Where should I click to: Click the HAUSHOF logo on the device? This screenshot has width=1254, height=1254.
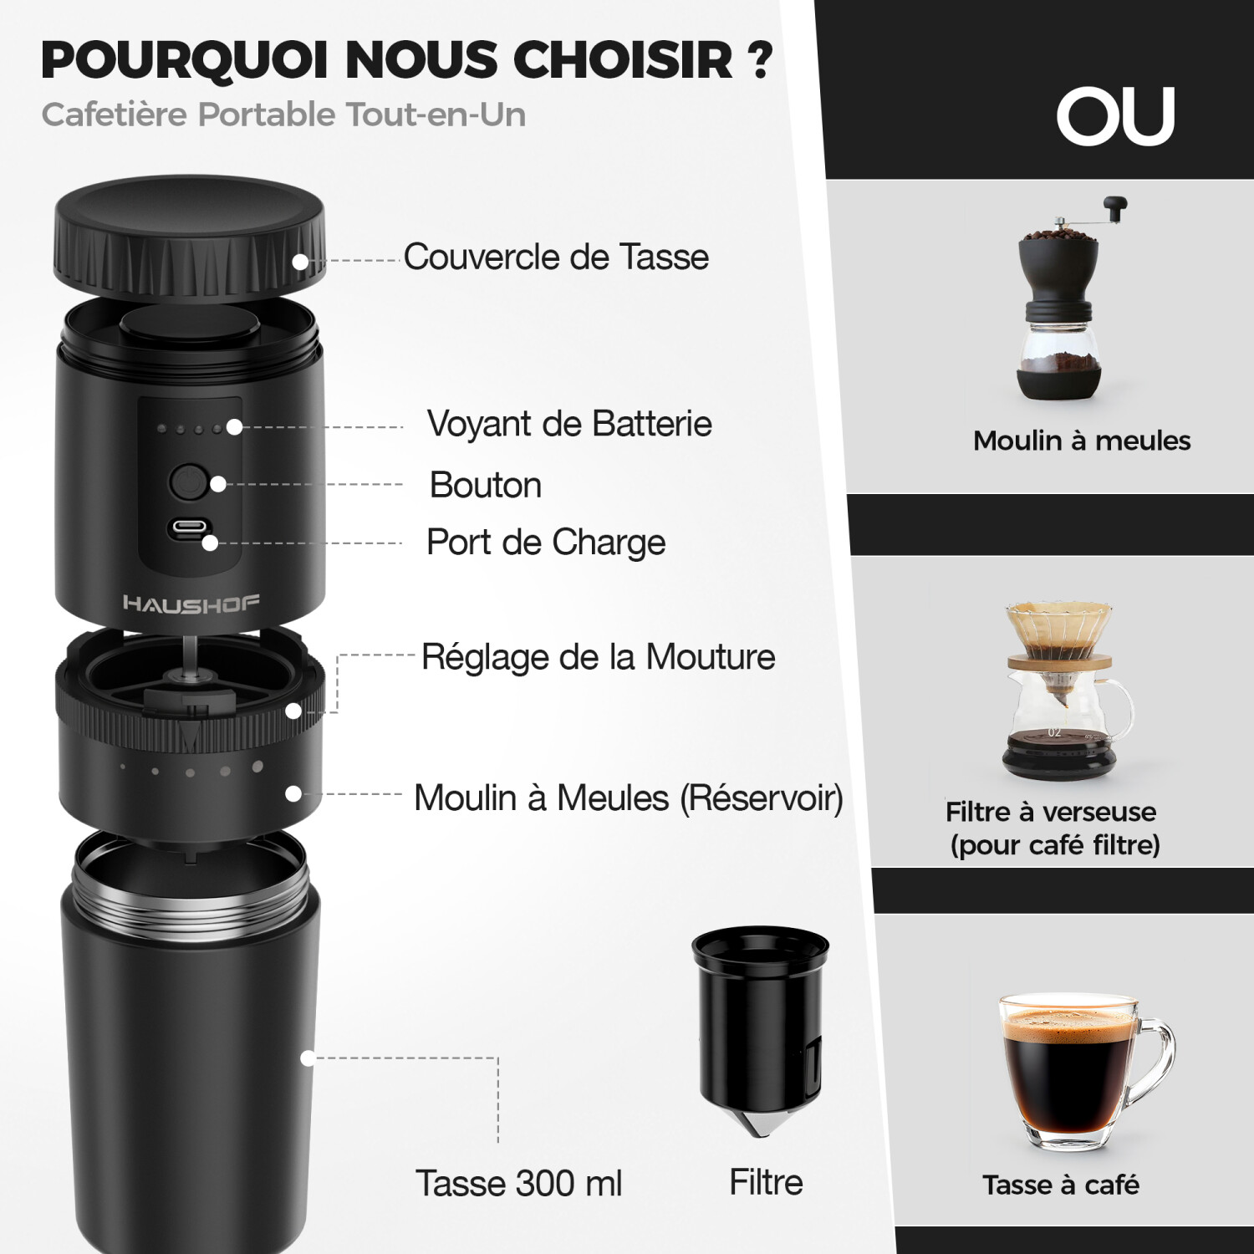coord(191,604)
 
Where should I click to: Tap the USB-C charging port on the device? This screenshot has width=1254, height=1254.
coord(189,529)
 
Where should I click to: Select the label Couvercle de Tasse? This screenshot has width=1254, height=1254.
coord(556,257)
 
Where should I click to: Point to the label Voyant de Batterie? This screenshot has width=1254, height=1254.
coord(569,424)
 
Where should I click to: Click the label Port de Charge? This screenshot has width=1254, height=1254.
coord(546,543)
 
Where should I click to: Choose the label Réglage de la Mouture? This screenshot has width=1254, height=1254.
coord(598,657)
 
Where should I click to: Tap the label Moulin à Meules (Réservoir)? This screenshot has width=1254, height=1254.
coord(629,798)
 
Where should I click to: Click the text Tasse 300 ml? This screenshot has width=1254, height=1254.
coord(519,1183)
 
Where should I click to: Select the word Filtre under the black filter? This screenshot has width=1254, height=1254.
coord(766,1182)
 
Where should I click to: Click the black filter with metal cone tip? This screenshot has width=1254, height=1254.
coord(760,1032)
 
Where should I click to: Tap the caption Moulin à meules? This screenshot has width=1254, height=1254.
coord(1082,441)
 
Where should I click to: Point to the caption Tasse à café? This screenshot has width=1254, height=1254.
coord(1061,1185)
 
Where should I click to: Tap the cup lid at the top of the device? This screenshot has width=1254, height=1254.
coord(189,237)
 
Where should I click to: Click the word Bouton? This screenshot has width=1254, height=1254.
coord(486,485)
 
